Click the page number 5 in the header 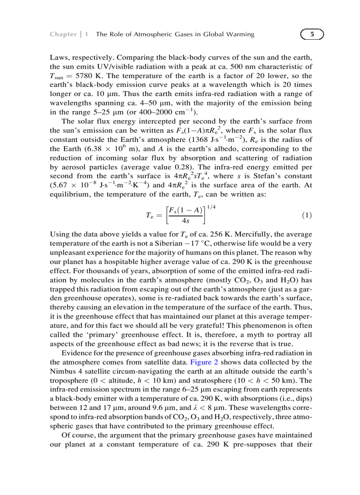311,34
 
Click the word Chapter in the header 63,34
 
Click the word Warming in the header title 242,34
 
